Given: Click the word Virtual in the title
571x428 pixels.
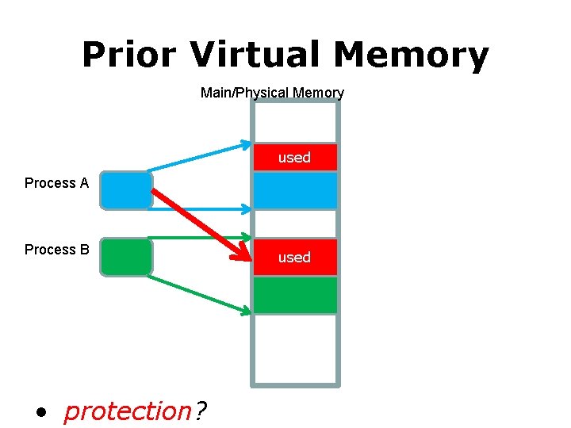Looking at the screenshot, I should coord(255,55).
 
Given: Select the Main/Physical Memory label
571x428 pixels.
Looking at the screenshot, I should coord(272,93).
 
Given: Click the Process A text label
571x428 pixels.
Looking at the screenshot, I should coord(56,183).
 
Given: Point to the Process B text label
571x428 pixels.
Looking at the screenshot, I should coord(56,250).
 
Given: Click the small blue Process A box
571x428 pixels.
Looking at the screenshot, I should coord(126,190).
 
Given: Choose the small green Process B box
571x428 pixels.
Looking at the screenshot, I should coord(126,257).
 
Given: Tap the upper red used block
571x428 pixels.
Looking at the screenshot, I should coord(294,158).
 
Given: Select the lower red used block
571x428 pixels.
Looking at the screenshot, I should coord(294,258).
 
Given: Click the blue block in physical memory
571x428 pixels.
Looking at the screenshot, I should coord(294,190).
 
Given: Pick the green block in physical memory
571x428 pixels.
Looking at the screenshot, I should coord(294,295).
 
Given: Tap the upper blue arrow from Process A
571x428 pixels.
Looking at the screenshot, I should coord(198,157).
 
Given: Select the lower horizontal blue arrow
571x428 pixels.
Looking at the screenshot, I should coord(198,210).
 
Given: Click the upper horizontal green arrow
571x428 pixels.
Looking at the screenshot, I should coord(198,237).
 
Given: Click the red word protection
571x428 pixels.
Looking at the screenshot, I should coord(127,411).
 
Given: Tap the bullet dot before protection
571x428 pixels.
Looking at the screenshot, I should coord(42,413).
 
